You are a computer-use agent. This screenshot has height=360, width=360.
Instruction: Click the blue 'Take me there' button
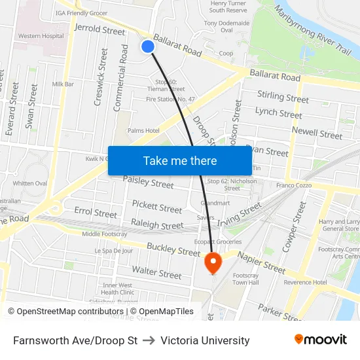pos(179,160)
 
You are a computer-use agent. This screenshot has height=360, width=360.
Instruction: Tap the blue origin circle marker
pos(148,46)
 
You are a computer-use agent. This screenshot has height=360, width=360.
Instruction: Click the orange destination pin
pos(213,263)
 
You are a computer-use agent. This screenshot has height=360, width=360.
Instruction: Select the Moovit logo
pos(320,340)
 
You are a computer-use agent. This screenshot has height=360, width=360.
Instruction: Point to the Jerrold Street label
pos(100,30)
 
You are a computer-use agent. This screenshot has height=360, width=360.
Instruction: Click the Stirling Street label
pos(283,98)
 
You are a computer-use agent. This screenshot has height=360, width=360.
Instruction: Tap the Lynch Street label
pos(279,113)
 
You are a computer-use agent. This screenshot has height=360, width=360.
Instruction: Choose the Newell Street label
pos(317,132)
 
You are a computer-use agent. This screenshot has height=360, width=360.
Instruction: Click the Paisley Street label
pos(148,181)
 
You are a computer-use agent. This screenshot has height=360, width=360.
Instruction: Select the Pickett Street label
pos(157,207)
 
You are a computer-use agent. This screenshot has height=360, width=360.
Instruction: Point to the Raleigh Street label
pos(157,225)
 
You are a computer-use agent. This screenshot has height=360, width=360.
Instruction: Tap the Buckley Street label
pos(173,250)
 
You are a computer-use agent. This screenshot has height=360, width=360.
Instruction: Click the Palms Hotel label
pos(143,131)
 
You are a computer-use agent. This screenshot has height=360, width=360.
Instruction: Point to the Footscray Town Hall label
pos(245,279)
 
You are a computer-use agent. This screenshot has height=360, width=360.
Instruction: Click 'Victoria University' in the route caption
pos(205,340)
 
